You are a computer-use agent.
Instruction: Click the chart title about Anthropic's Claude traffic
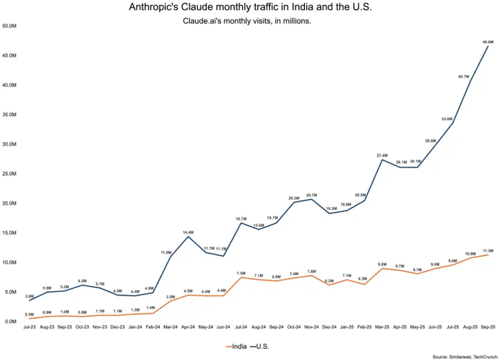(x=250, y=7)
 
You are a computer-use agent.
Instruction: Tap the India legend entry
(x=234, y=346)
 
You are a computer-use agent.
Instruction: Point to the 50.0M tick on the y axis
(x=9, y=26)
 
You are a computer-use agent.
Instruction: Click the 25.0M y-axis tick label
(x=9, y=174)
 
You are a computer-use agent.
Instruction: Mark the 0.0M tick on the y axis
(x=10, y=322)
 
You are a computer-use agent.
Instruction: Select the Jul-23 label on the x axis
(x=29, y=327)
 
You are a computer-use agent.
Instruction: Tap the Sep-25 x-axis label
(x=487, y=327)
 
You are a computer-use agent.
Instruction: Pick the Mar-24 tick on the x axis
(x=170, y=327)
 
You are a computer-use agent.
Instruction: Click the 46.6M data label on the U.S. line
(x=487, y=42)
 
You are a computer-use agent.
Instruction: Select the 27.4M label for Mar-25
(x=382, y=155)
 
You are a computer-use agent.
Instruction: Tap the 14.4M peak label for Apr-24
(x=188, y=232)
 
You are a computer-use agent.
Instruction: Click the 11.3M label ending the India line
(x=488, y=250)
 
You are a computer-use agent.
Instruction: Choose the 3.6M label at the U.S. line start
(x=29, y=296)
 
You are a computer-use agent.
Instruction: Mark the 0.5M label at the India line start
(x=29, y=314)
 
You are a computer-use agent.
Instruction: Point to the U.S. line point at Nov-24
(x=311, y=199)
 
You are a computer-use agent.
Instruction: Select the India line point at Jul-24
(x=241, y=277)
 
